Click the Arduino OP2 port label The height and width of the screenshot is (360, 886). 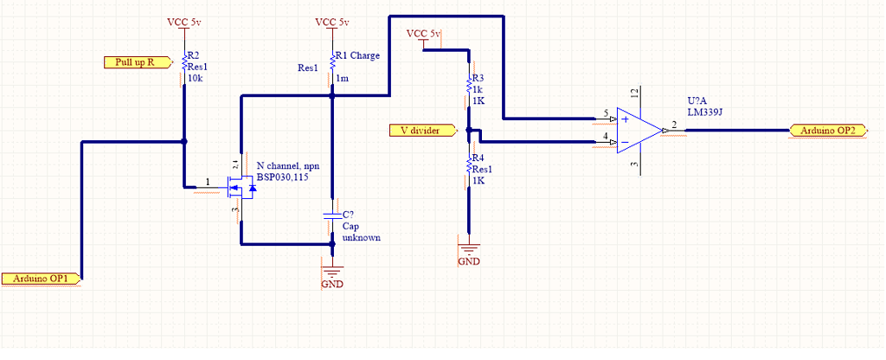pyautogui.click(x=828, y=131)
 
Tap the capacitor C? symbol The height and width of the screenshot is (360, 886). pyautogui.click(x=331, y=215)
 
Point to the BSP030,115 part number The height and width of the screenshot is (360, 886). pyautogui.click(x=283, y=177)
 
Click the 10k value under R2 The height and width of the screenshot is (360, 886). pyautogui.click(x=195, y=78)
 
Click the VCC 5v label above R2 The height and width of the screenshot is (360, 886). pyautogui.click(x=184, y=22)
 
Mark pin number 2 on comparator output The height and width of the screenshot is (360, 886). pyautogui.click(x=674, y=125)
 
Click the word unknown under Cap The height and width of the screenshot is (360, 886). pyautogui.click(x=361, y=237)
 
